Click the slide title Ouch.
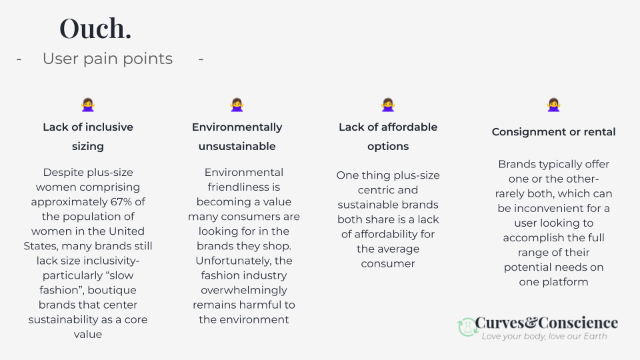click(x=95, y=29)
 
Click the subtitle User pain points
click(x=107, y=59)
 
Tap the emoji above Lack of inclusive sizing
click(x=87, y=105)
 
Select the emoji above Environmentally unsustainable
click(x=237, y=105)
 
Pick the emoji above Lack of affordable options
click(x=387, y=105)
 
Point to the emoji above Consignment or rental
click(x=553, y=105)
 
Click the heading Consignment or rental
click(x=553, y=132)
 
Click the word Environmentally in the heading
click(x=237, y=127)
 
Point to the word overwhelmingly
click(x=243, y=290)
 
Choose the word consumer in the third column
click(x=387, y=263)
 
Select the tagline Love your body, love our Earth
click(x=544, y=337)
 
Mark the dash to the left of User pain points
click(x=19, y=59)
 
